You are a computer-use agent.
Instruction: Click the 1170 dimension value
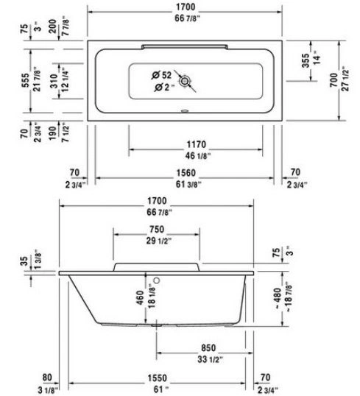(x=197, y=144)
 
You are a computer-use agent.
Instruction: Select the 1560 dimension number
(x=186, y=173)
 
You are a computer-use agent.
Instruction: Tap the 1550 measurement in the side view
(x=157, y=378)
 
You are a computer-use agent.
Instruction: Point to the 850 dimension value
(x=208, y=348)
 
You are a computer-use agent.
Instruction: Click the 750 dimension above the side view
(x=157, y=230)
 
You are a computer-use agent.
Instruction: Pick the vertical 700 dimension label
(x=333, y=80)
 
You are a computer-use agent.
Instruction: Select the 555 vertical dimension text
(x=26, y=80)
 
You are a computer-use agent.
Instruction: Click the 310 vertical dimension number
(x=54, y=81)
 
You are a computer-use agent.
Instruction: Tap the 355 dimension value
(x=306, y=60)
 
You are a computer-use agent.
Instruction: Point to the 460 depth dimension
(x=140, y=297)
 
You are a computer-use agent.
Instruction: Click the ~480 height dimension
(x=278, y=298)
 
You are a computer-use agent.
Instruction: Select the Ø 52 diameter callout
(x=162, y=75)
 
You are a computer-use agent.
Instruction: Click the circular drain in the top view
(x=185, y=81)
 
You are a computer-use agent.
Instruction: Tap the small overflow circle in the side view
(x=157, y=280)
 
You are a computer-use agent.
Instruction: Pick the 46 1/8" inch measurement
(x=198, y=156)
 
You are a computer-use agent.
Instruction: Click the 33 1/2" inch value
(x=211, y=359)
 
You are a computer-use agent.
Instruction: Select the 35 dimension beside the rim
(x=24, y=261)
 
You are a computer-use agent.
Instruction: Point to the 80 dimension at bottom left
(x=47, y=378)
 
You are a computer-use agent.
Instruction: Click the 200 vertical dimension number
(x=53, y=26)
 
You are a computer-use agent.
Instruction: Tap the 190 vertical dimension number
(x=53, y=132)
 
